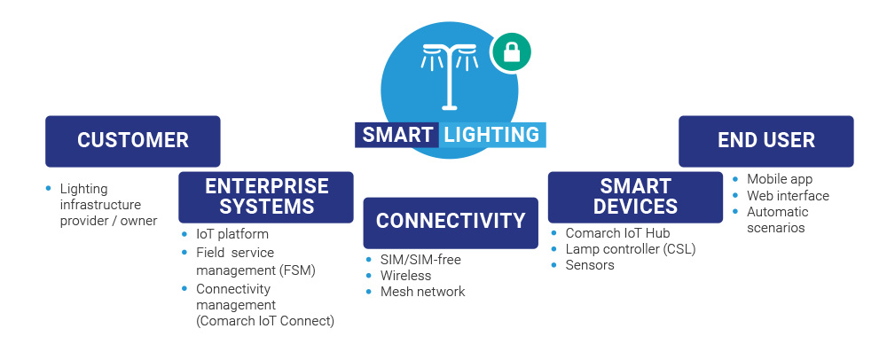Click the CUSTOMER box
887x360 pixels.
coord(133,140)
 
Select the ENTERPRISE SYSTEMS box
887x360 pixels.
coord(266,196)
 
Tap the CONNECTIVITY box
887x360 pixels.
coord(451,221)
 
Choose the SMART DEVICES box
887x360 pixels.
coord(635,196)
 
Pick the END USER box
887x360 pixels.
coord(766,140)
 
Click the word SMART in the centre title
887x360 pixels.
coord(396,135)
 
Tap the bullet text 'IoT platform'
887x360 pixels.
coord(232,234)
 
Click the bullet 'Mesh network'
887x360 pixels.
coord(422,291)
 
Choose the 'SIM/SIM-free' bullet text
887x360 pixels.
coord(420,259)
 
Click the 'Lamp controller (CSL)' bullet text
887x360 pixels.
coord(631,249)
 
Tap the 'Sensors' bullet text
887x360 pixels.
coord(590,265)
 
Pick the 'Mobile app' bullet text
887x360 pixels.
coord(778,179)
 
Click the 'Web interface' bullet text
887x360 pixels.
coord(788,195)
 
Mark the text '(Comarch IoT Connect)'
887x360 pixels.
coord(265,320)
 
